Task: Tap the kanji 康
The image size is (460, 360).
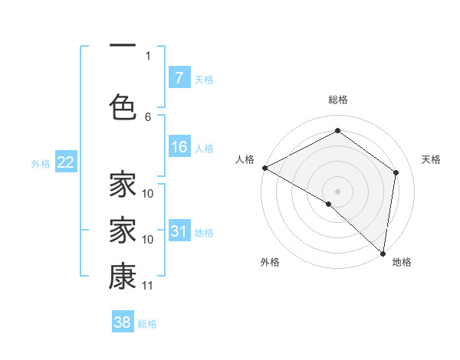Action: (123, 277)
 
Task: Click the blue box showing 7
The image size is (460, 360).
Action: (179, 78)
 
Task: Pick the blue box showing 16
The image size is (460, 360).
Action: (179, 147)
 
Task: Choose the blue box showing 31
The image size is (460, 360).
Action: (179, 231)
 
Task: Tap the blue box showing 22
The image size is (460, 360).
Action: (65, 162)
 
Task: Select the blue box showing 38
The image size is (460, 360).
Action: (123, 322)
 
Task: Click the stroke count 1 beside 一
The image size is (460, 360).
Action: (148, 55)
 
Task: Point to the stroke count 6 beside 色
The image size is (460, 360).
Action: (148, 116)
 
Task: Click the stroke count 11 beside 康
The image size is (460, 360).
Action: (148, 286)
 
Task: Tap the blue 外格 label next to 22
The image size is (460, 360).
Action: (41, 163)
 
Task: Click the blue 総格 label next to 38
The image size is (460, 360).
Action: (147, 323)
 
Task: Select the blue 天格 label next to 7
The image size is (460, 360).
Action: (204, 79)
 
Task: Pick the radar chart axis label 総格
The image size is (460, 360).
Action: (337, 100)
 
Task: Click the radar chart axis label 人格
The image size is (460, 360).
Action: (245, 159)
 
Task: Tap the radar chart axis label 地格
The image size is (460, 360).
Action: (402, 262)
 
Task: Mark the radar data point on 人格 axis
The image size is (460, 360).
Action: (264, 167)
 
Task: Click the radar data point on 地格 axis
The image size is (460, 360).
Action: (383, 253)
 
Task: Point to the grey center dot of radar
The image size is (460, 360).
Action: (337, 191)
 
